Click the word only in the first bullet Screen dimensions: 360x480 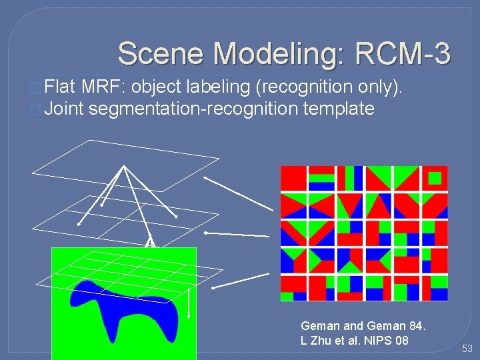(x=379, y=86)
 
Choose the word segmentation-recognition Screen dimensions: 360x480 (x=193, y=108)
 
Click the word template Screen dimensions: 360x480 (x=338, y=108)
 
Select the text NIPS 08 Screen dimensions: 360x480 (x=387, y=341)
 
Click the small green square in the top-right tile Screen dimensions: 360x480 (x=435, y=178)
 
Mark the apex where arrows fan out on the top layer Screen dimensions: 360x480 (x=123, y=166)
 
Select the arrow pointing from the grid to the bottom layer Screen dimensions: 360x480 (x=240, y=281)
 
